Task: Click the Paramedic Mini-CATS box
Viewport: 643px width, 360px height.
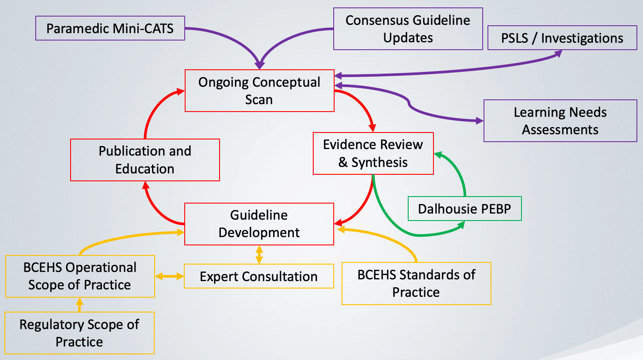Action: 110,28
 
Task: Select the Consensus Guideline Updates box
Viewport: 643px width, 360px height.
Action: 408,29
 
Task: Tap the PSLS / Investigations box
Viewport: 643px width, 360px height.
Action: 562,38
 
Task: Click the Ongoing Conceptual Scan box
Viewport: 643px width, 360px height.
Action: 259,91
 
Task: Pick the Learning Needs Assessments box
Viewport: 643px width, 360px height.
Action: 560,121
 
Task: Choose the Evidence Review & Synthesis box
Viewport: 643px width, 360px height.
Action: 373,153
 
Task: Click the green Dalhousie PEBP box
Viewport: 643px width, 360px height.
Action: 464,209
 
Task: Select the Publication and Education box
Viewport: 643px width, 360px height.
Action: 145,160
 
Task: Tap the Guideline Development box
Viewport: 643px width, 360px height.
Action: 259,224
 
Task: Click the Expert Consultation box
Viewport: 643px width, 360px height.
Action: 259,276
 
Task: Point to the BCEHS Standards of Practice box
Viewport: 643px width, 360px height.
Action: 416,283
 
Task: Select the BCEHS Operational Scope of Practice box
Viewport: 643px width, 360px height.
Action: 80,276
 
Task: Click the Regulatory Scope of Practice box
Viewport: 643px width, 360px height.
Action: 79,333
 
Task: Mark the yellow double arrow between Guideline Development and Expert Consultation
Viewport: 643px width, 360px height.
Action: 259,255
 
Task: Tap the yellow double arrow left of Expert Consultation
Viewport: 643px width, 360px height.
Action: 169,276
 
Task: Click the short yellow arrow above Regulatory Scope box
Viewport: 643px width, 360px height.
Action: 79,305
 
